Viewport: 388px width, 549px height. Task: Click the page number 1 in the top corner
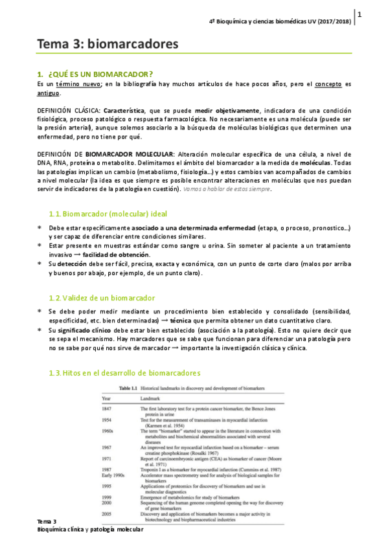click(x=359, y=14)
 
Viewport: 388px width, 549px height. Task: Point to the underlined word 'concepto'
click(x=328, y=84)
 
